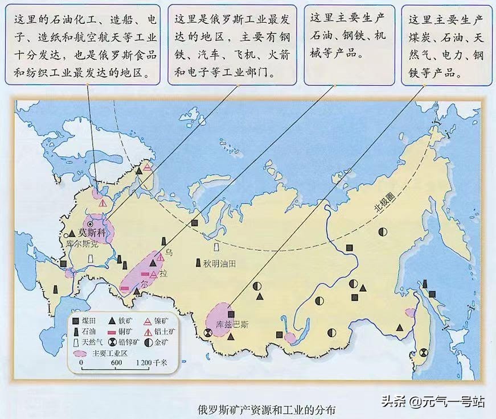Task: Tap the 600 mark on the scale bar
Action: tap(117, 363)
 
